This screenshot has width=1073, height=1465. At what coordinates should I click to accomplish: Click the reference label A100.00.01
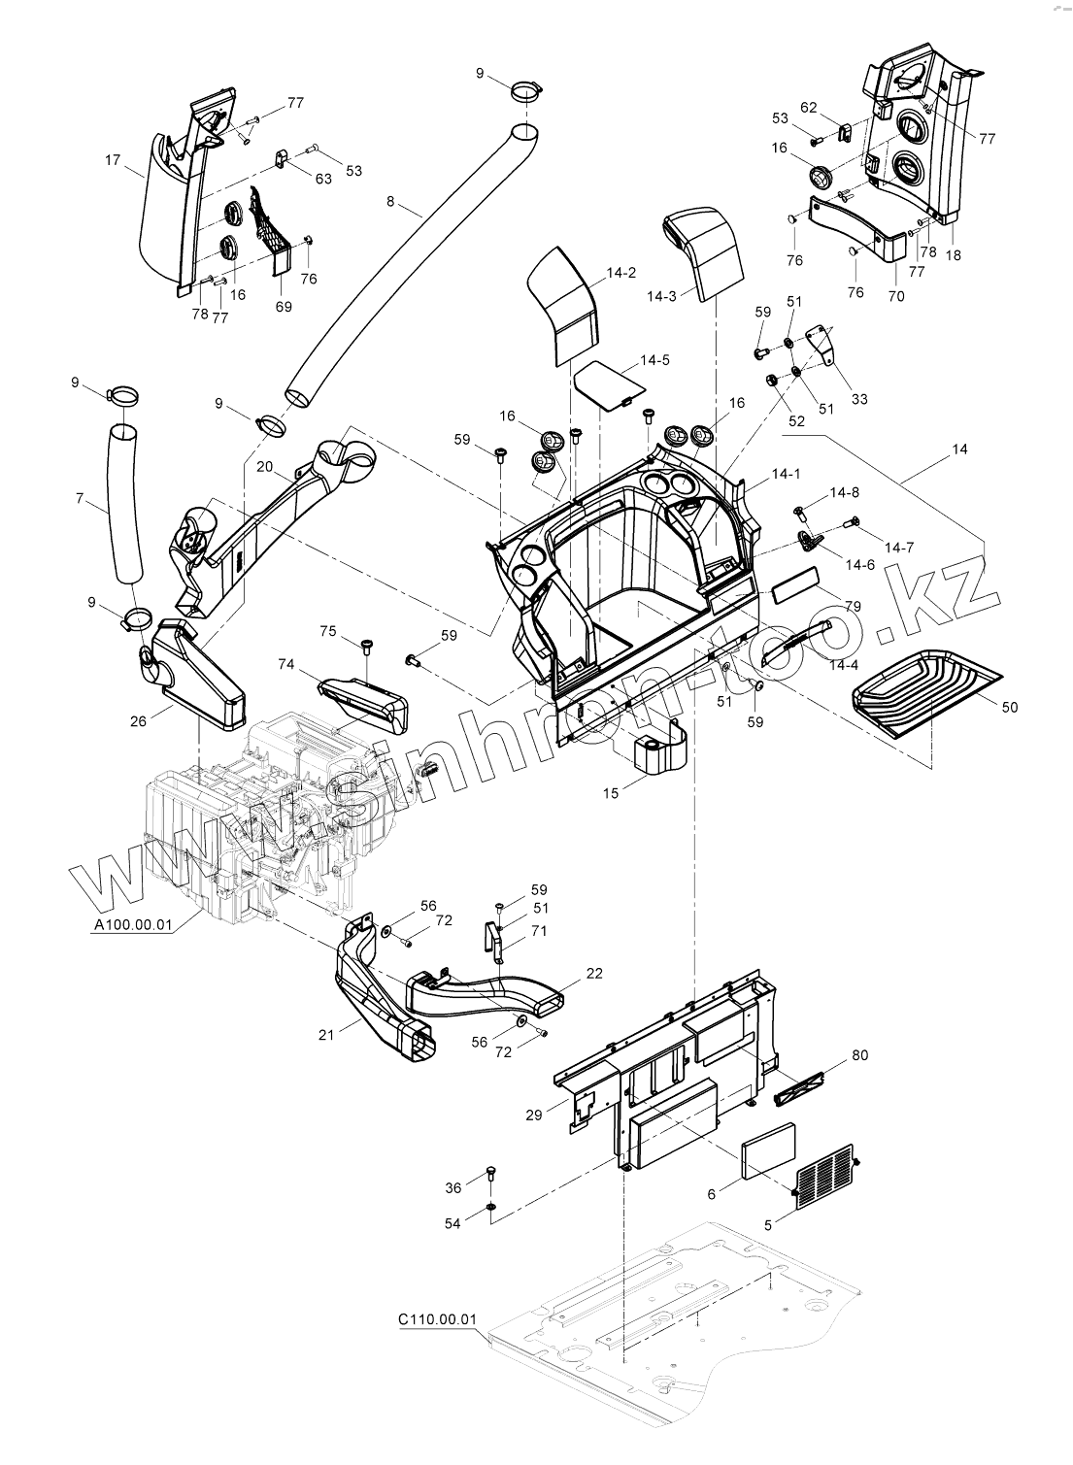tap(132, 926)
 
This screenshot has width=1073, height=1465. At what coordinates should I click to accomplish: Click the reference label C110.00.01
tap(437, 1320)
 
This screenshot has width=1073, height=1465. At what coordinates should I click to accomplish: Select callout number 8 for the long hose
tap(390, 202)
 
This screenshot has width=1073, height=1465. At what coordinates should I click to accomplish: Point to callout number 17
tap(113, 160)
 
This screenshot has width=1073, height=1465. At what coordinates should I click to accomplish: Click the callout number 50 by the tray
tap(1010, 707)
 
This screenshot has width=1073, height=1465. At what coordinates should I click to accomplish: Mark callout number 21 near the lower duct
tap(325, 1035)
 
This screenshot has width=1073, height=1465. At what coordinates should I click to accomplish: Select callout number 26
tap(138, 720)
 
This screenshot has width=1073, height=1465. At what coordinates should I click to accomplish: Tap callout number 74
tap(285, 664)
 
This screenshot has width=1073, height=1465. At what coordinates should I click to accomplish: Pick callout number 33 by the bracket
tap(859, 399)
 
